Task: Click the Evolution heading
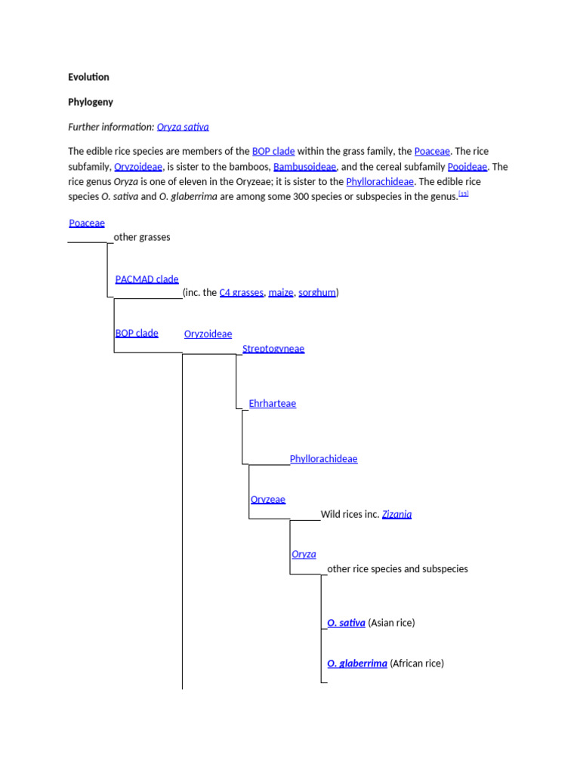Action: [x=88, y=77]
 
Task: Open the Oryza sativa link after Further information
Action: [x=183, y=127]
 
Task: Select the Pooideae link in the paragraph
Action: [x=467, y=167]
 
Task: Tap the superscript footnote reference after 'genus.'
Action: [x=464, y=194]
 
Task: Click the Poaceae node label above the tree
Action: [x=87, y=223]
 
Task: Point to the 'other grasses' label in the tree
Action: [x=142, y=237]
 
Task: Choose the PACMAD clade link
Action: [x=147, y=279]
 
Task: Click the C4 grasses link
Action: [x=242, y=292]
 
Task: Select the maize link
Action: [x=281, y=292]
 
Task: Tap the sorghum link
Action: [x=317, y=292]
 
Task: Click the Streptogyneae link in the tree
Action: [x=273, y=349]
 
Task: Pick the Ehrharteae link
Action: [x=273, y=404]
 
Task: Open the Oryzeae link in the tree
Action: [x=267, y=500]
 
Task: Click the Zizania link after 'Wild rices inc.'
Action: [x=396, y=514]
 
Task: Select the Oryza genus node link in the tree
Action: [x=304, y=554]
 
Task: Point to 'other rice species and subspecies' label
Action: [x=397, y=568]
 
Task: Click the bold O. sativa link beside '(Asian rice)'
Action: [x=347, y=623]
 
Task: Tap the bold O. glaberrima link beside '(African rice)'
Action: [x=357, y=664]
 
